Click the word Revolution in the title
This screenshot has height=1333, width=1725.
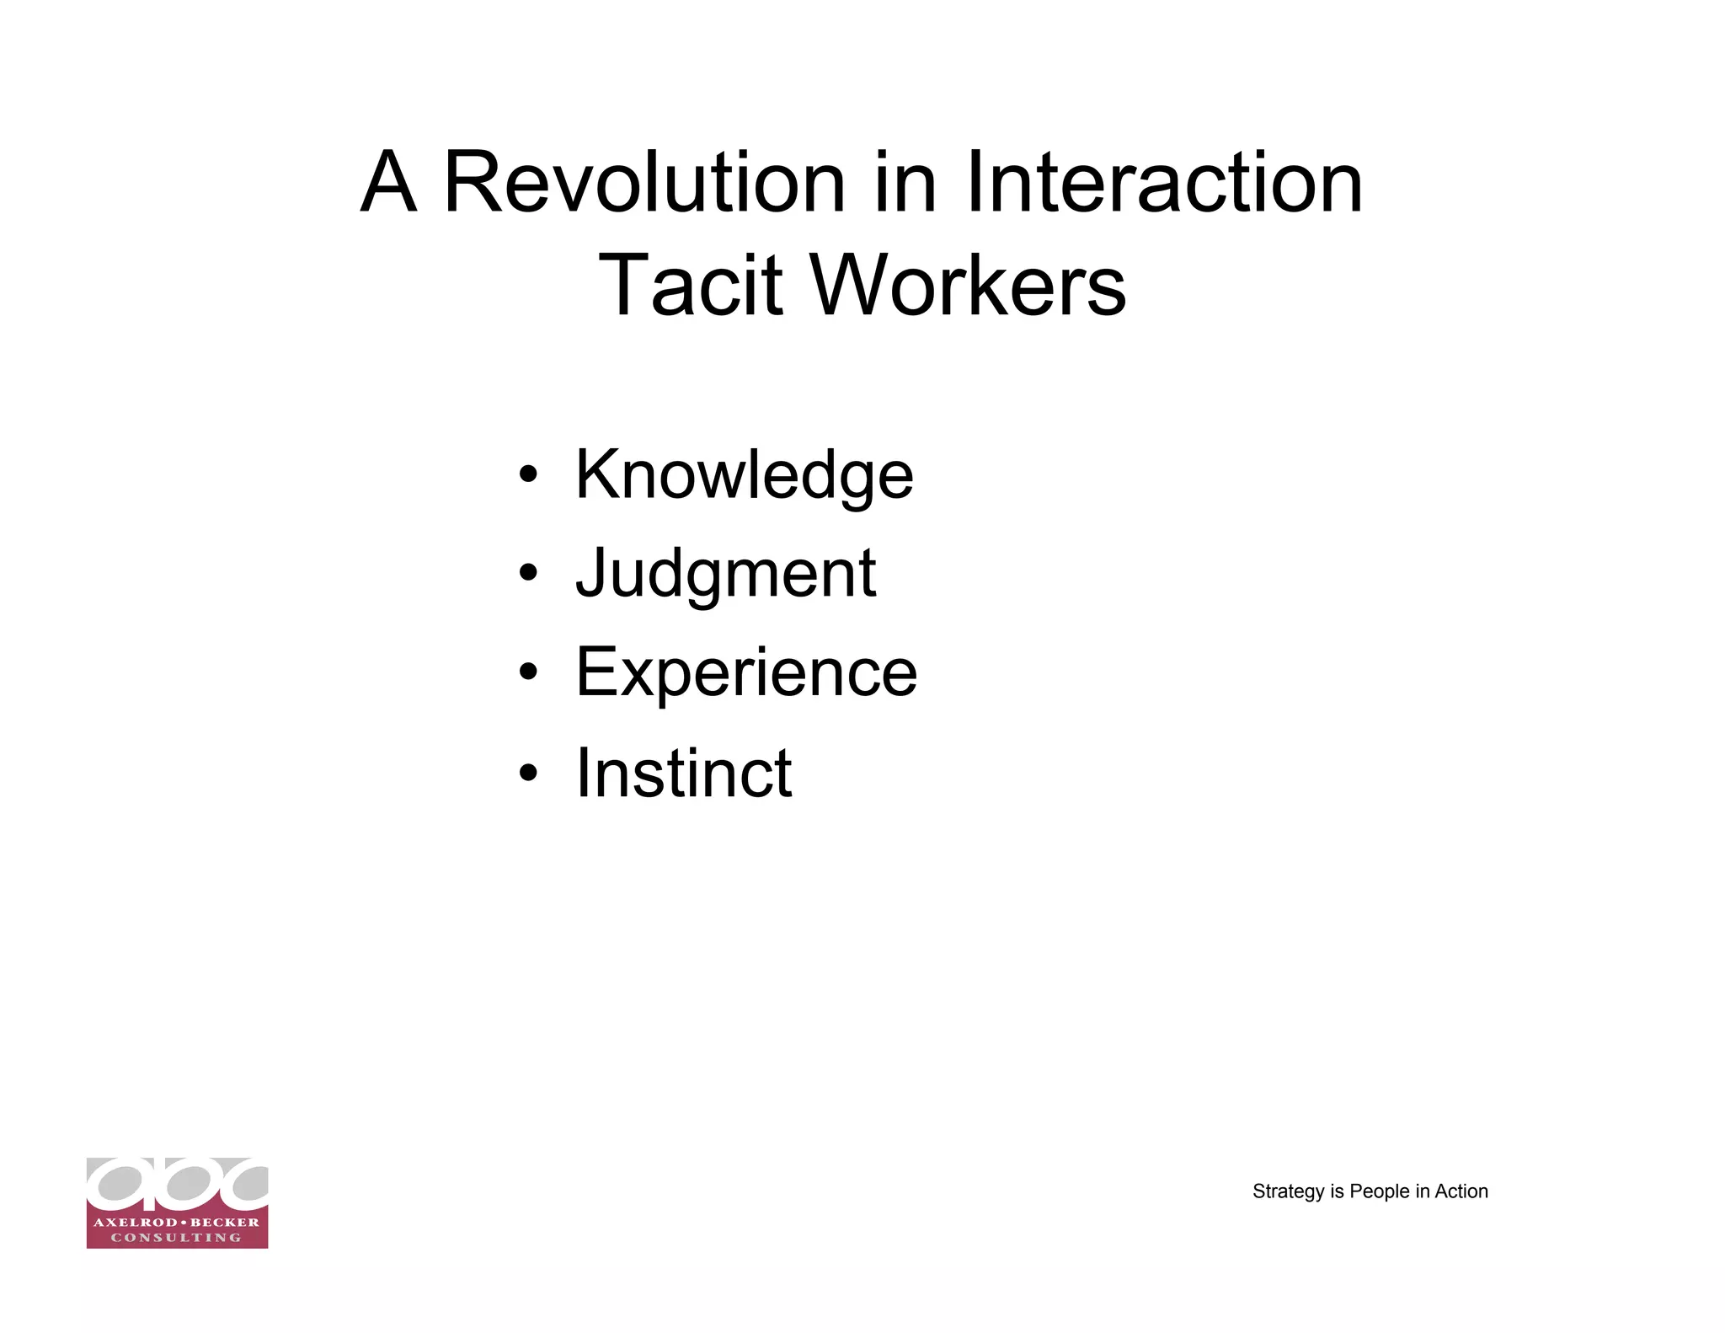(x=644, y=182)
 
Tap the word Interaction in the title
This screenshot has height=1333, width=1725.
(x=1163, y=182)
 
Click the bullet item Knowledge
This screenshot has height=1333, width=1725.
(x=744, y=474)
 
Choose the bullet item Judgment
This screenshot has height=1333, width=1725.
(x=725, y=573)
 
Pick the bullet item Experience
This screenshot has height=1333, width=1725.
(x=746, y=672)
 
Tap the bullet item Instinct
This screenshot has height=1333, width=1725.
(x=683, y=772)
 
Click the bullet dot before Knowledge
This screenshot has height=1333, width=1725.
(x=528, y=475)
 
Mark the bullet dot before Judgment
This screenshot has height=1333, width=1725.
(x=528, y=574)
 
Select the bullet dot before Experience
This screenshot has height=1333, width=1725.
(x=528, y=672)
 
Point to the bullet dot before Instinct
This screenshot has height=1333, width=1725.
(x=528, y=772)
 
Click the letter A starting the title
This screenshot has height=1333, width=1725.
(x=388, y=182)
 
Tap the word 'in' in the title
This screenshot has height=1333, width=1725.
(x=905, y=182)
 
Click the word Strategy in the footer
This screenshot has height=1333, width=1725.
(x=1289, y=1191)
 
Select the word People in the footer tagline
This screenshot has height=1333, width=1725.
(x=1380, y=1191)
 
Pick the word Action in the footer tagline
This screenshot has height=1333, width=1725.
(x=1461, y=1191)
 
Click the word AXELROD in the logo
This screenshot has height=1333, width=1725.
(x=135, y=1222)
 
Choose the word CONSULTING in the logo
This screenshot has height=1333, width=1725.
(x=177, y=1238)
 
